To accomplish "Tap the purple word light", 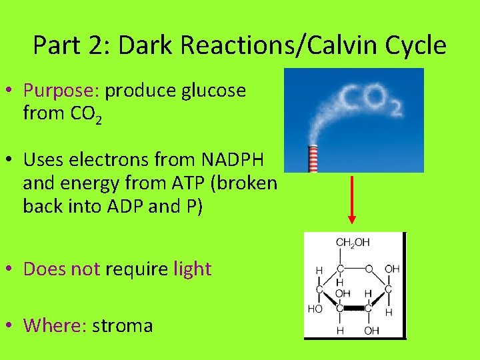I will [192, 269].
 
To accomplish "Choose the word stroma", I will [123, 325].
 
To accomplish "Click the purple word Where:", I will [55, 325].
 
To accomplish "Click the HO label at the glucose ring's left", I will [315, 309].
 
